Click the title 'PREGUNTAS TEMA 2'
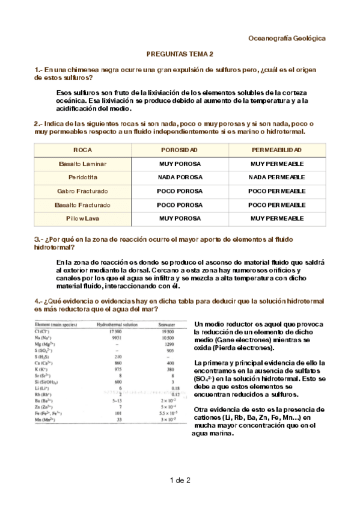(x=180, y=54)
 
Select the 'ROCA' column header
(x=82, y=150)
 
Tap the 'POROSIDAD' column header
(x=180, y=150)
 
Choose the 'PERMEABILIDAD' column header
(x=276, y=150)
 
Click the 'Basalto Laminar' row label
(x=82, y=164)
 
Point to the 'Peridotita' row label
(x=82, y=177)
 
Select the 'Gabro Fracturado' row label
(x=82, y=191)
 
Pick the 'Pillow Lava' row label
(x=82, y=219)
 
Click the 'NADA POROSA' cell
(x=180, y=177)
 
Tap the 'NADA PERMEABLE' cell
(x=276, y=177)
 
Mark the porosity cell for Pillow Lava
(x=180, y=219)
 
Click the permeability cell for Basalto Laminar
(x=276, y=164)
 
